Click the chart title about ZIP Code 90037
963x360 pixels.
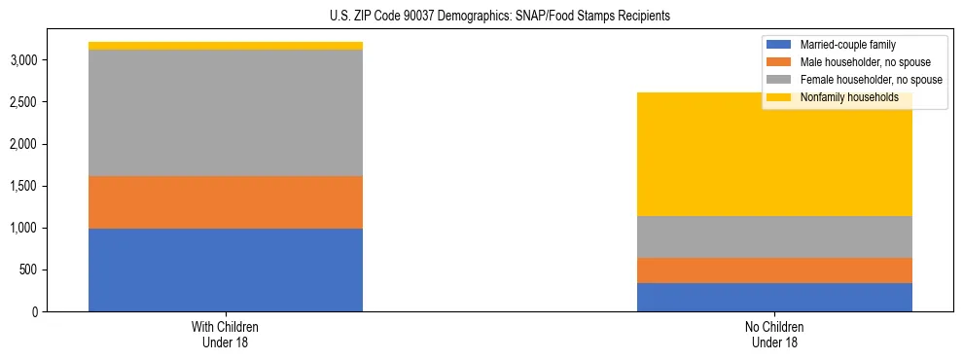click(x=481, y=17)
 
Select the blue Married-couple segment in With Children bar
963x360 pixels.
click(x=226, y=270)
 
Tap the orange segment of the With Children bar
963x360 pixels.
click(x=226, y=202)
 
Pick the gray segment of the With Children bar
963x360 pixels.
click(x=226, y=113)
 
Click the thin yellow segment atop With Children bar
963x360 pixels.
click(x=226, y=46)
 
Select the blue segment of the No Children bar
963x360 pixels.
click(x=774, y=297)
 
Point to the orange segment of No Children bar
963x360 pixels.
click(x=774, y=270)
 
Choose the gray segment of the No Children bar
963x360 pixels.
click(x=774, y=236)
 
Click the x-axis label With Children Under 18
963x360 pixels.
click(x=226, y=334)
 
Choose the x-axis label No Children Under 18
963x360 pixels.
click(x=774, y=334)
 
